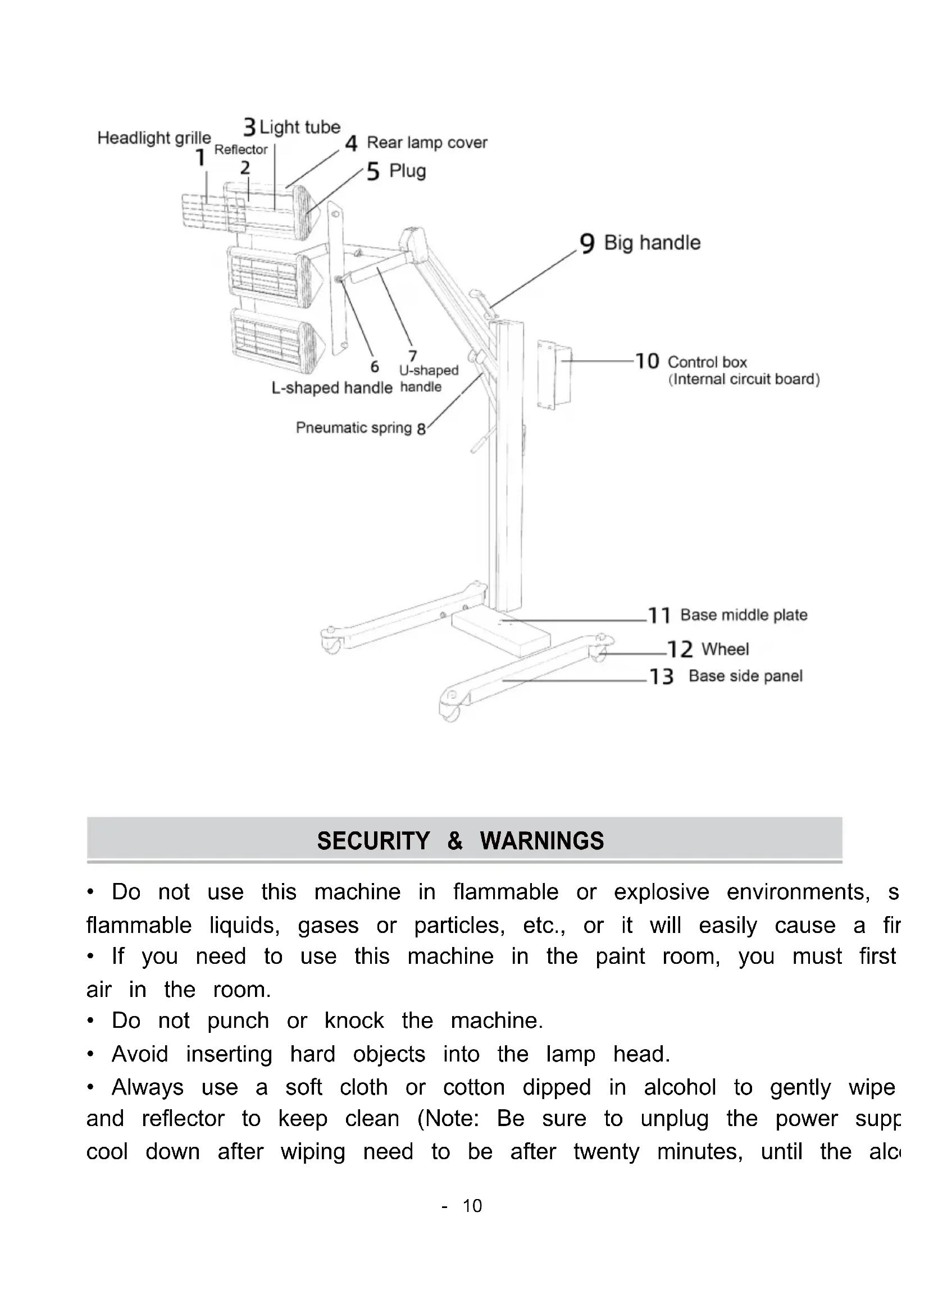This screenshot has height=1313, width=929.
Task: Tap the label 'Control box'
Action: coord(707,362)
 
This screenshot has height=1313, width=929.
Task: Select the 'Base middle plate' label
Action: coord(744,615)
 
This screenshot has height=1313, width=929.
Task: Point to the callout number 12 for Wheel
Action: coord(680,649)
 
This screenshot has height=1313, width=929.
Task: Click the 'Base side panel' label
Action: coord(745,676)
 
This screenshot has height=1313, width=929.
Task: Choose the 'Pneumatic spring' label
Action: coord(353,428)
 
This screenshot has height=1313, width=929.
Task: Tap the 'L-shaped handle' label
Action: coord(332,388)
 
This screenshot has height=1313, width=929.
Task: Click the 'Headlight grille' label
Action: coord(154,138)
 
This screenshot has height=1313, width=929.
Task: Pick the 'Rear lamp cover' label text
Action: coord(427,143)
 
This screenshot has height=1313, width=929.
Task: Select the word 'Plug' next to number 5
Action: coord(407,171)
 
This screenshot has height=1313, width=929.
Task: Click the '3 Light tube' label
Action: coord(292,127)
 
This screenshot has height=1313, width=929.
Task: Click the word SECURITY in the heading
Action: coord(373,841)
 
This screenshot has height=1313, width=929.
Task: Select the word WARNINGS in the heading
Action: coord(541,841)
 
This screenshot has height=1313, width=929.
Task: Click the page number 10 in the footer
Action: coord(472,1205)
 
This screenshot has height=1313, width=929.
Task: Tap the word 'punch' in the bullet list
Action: coord(238,1021)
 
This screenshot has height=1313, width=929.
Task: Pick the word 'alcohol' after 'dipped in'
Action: coord(680,1087)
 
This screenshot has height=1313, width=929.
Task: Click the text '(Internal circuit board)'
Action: coord(744,379)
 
